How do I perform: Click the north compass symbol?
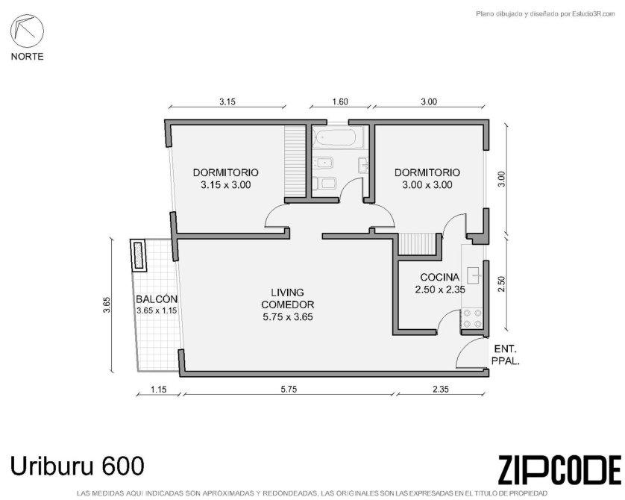[x=27, y=31]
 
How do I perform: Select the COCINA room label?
[x=439, y=277]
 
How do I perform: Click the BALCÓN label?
[x=157, y=299]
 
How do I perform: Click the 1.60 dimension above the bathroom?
[x=340, y=101]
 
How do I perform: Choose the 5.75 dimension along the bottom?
[x=289, y=390]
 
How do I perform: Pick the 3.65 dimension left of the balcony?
[x=107, y=305]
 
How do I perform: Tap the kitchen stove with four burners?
[x=472, y=319]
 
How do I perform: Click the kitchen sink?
[x=476, y=275]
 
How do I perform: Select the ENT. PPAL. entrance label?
[x=506, y=355]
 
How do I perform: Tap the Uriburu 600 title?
[x=77, y=466]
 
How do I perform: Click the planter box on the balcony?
[x=138, y=255]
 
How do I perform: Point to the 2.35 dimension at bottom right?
[x=441, y=390]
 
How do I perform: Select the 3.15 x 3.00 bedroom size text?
[x=225, y=185]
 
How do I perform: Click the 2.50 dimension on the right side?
[x=502, y=284]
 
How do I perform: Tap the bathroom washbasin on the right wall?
[x=363, y=165]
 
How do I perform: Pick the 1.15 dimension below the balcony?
[x=159, y=390]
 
